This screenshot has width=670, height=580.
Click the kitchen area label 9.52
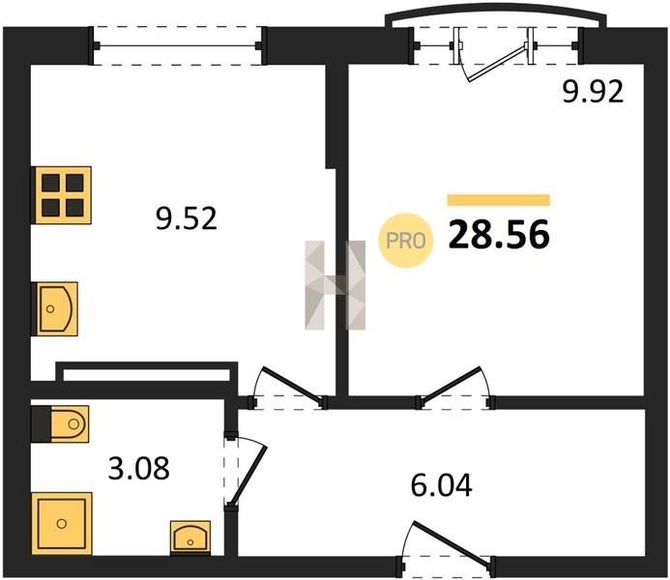pos(187,218)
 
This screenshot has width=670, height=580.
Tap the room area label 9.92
pos(593,92)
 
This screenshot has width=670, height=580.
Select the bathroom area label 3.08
pos(139,468)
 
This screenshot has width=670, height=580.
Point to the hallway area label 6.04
pos(442,485)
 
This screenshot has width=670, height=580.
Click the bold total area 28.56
pos(499,235)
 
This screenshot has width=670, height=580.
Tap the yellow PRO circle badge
pos(406,241)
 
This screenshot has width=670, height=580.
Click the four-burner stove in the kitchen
pos(62,195)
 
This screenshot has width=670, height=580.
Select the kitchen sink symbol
pos(55,308)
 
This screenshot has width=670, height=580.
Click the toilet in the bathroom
pos(60,423)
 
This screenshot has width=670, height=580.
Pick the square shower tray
pos(62,523)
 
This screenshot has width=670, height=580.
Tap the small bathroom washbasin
pos(190,537)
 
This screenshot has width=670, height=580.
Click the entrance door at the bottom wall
pos(449,542)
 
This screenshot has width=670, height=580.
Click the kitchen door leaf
pos(293,386)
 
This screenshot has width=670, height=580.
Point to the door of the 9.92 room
pos(452,386)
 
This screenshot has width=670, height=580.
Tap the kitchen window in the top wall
pos(178,45)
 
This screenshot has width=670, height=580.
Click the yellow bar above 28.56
pos(499,200)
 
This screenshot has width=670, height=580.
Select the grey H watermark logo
pos(335,285)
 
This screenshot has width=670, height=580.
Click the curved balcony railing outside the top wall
pos(496,15)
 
